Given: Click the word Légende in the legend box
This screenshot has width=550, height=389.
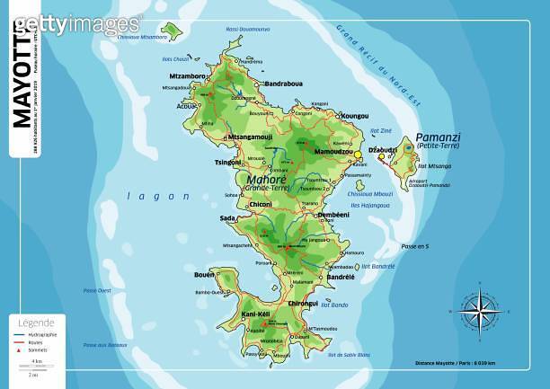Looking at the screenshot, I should (x=36, y=323).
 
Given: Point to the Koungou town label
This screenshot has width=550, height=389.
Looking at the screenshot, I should (x=355, y=116).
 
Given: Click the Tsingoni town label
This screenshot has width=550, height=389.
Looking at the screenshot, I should (x=226, y=163).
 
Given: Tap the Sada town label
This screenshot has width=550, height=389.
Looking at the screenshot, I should (x=227, y=218).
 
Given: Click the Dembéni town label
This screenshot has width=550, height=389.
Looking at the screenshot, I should (x=333, y=216).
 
